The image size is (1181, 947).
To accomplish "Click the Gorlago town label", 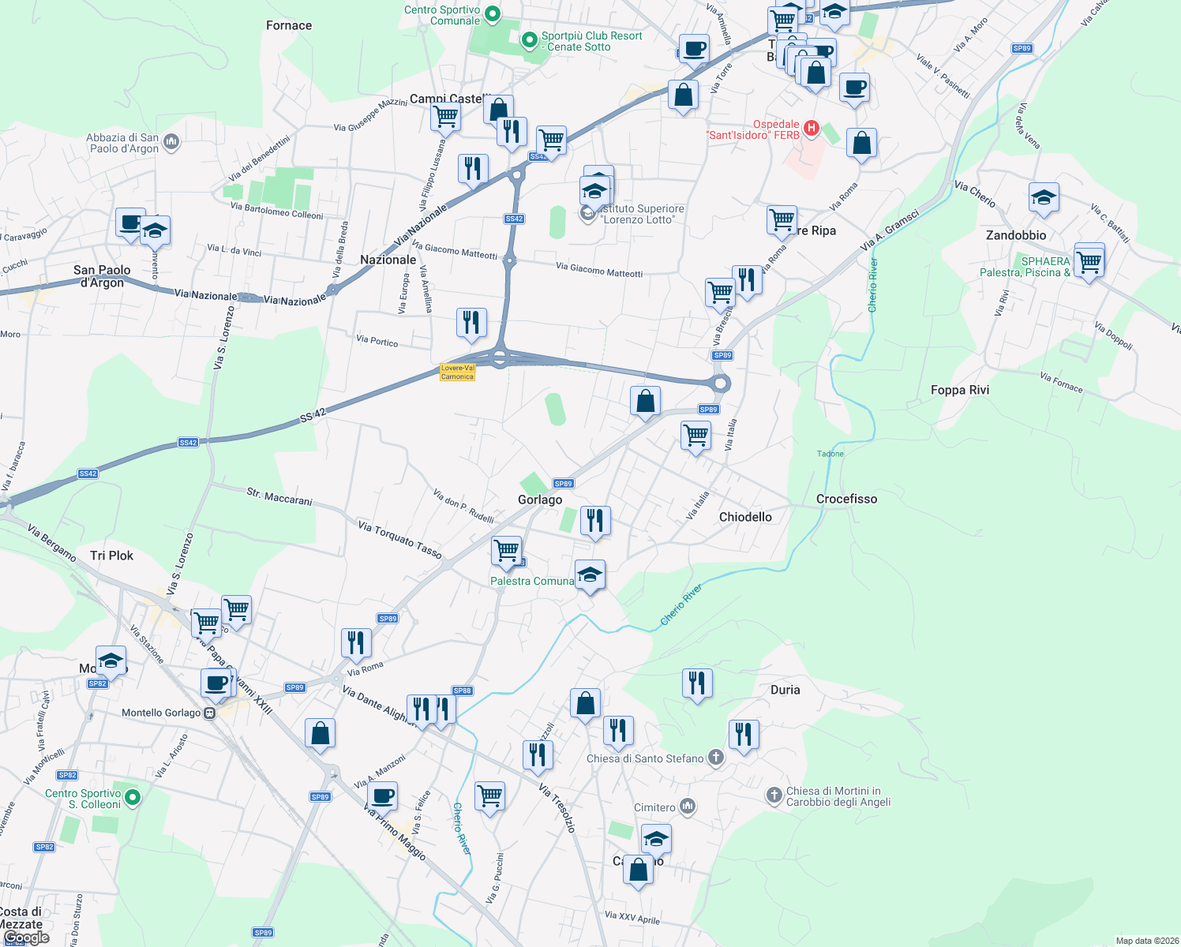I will tap(540, 500).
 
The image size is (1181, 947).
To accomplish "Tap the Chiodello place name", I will tap(745, 517).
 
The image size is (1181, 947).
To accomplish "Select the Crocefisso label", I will tap(846, 499).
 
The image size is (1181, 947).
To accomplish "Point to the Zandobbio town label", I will tap(1016, 235).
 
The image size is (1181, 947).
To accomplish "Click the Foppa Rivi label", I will tap(959, 390).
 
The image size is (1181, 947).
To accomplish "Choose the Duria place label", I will tap(785, 690).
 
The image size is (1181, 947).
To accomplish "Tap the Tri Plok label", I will tap(111, 556).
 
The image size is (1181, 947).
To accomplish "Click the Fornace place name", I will tap(289, 25).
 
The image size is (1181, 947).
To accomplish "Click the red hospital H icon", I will tap(811, 128).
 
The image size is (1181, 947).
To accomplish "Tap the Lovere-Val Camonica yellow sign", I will tap(458, 372).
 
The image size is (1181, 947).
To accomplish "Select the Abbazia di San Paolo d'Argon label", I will tap(122, 143).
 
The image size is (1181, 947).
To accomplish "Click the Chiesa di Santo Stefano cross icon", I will tap(716, 758).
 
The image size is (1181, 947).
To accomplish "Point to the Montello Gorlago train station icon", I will tap(209, 713).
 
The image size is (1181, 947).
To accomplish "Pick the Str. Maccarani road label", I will tap(279, 496).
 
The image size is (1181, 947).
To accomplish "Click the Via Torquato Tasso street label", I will tap(399, 539).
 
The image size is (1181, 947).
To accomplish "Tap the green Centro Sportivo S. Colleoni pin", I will tap(133, 798).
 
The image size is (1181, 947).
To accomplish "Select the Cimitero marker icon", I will tap(688, 807).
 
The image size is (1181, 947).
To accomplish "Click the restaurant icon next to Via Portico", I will tap(471, 323).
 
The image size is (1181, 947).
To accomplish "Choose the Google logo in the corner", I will tap(26, 938).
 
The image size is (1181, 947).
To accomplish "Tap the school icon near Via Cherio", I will tap(1043, 198).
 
